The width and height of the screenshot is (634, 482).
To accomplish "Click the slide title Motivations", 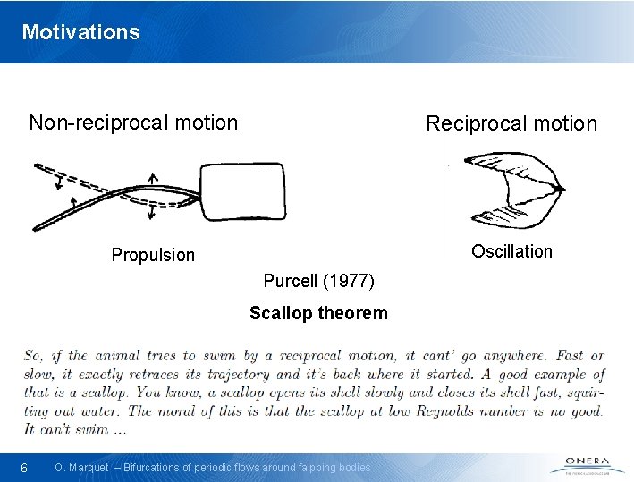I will tap(81, 32).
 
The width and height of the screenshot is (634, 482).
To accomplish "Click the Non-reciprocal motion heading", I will tap(133, 123).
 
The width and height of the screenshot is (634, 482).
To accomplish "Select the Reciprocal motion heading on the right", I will tap(511, 123).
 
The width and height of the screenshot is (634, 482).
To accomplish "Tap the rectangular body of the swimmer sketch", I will tap(241, 190).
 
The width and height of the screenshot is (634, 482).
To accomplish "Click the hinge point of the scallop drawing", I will tap(559, 190).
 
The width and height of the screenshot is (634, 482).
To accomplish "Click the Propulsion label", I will tap(153, 255).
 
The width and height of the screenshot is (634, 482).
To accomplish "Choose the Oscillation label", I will tap(511, 251).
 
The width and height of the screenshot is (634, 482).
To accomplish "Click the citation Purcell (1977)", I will tap(318, 281).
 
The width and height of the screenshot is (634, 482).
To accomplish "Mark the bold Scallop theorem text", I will tap(318, 313).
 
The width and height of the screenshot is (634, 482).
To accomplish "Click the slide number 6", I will tap(25, 468).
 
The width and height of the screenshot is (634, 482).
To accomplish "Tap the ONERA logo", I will tap(587, 465).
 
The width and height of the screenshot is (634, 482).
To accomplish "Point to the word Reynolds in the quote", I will tap(475, 410).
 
